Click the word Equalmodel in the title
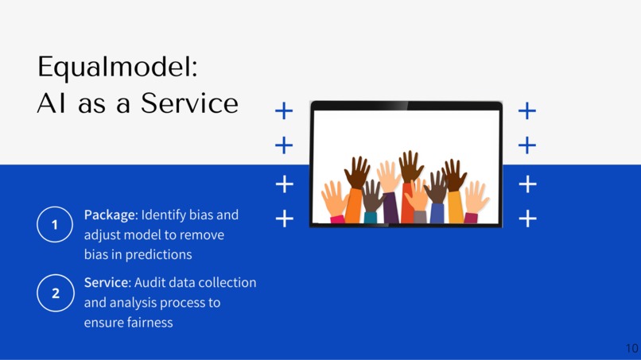(116, 68)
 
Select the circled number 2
(55, 293)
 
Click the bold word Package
(111, 215)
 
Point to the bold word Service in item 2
(106, 283)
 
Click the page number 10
(631, 348)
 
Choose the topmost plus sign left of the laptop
(284, 110)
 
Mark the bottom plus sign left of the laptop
(284, 218)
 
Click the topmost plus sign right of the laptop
(526, 110)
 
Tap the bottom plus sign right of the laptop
(526, 218)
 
